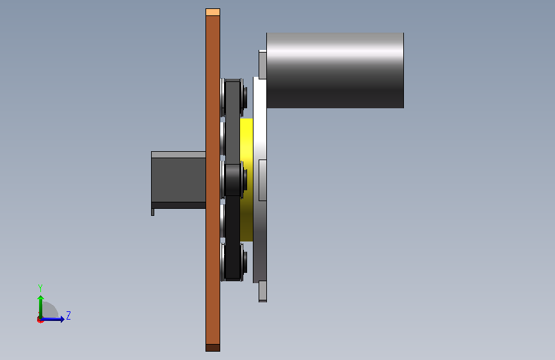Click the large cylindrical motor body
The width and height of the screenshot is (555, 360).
click(x=335, y=70)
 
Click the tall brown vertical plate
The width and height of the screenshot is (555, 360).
click(x=213, y=180)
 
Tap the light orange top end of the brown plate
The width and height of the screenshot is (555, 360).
click(x=213, y=12)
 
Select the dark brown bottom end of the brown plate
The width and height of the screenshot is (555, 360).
click(x=213, y=348)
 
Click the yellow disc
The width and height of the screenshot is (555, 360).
click(x=246, y=180)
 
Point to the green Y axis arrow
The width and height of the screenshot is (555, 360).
click(x=41, y=307)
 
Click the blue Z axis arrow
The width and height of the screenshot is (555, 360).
click(x=52, y=319)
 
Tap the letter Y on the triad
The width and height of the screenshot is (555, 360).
click(x=40, y=288)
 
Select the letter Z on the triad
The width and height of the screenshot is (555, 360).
click(x=68, y=315)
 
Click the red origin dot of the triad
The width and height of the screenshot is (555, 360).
click(x=40, y=320)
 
